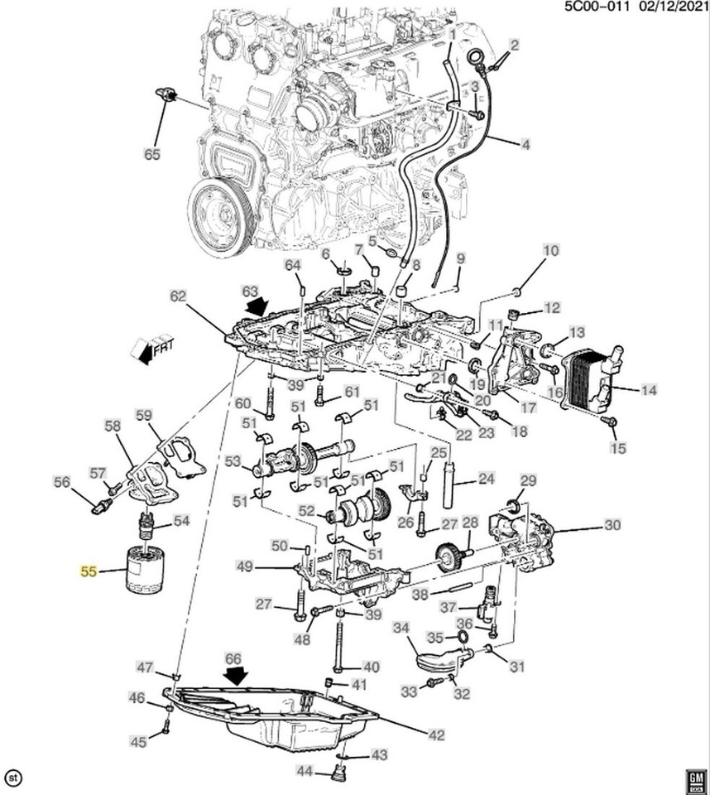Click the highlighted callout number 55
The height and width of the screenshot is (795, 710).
87,571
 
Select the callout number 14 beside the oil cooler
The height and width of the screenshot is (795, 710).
648,388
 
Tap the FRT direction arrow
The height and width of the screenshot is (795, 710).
151,348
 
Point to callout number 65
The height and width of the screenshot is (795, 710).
152,154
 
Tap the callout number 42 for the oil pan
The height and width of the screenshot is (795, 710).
435,735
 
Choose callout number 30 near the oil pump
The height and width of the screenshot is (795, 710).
612,525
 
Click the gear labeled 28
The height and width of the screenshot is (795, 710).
448,554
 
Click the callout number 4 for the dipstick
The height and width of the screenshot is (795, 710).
525,146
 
